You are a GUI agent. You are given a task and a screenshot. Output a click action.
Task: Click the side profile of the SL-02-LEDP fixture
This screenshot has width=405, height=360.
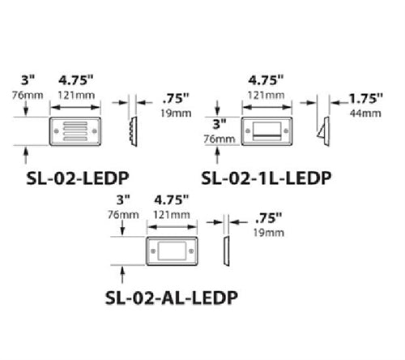(x=133, y=130)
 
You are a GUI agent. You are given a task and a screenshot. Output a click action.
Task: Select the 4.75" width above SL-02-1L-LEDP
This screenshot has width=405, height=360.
(x=265, y=81)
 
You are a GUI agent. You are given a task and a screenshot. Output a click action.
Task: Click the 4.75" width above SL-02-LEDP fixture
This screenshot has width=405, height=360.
(x=77, y=81)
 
